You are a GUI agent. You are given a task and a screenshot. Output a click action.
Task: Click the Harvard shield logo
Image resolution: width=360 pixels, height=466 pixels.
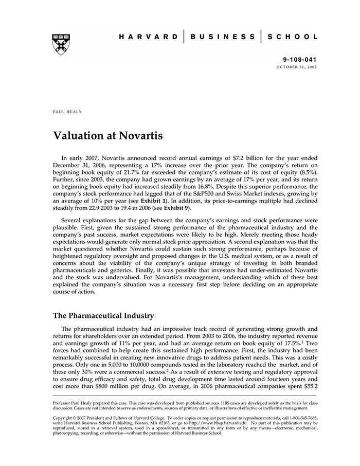(61, 44)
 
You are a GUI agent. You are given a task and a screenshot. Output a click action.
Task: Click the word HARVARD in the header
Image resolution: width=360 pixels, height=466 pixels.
(148, 37)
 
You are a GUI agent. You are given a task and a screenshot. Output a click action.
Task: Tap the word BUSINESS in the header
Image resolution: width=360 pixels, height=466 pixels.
(223, 37)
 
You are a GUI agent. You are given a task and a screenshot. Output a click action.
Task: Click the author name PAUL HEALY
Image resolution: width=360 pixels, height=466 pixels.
(68, 111)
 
